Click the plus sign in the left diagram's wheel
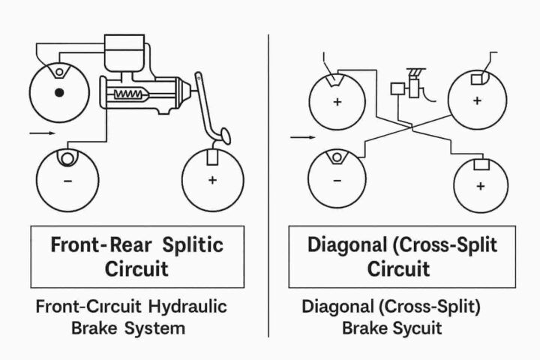(212, 181)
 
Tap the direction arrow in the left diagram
(41, 133)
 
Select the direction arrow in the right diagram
(302, 137)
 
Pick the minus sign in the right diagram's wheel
(336, 181)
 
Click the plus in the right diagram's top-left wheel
(337, 100)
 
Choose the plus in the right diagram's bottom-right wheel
(481, 185)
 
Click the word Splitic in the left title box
(191, 244)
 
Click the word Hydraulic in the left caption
(187, 307)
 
